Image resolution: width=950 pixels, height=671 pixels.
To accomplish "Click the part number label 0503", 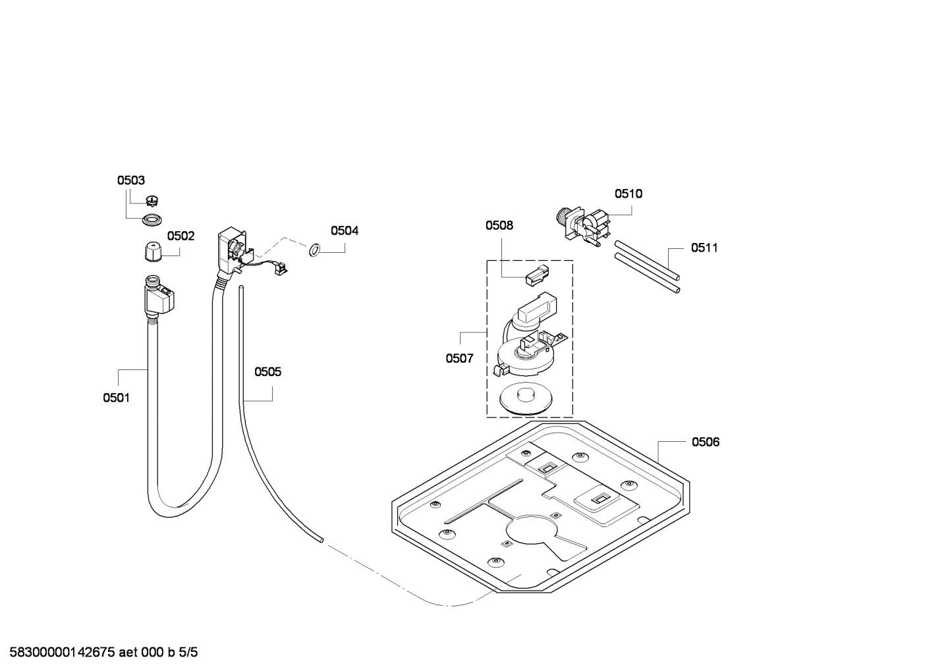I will click(130, 180).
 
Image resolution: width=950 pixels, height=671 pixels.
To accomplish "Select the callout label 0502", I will click(181, 236).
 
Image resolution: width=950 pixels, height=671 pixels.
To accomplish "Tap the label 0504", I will click(345, 230).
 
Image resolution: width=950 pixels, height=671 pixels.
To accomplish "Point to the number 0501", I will click(116, 398).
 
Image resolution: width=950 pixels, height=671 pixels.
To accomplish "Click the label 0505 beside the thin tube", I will click(267, 372).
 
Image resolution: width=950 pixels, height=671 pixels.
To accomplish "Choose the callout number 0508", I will click(499, 225).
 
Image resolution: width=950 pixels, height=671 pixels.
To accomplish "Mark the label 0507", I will click(459, 358).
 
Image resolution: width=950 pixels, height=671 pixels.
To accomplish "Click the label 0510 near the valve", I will click(629, 194).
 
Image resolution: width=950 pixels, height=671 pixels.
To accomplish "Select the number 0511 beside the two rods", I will click(704, 248).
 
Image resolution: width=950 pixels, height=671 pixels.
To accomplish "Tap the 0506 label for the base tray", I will click(706, 442).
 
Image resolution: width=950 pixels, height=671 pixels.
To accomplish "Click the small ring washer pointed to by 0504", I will click(314, 249).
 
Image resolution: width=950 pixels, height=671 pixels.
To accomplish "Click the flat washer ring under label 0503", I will click(152, 219).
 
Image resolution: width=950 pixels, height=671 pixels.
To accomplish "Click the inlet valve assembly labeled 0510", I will click(583, 225).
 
